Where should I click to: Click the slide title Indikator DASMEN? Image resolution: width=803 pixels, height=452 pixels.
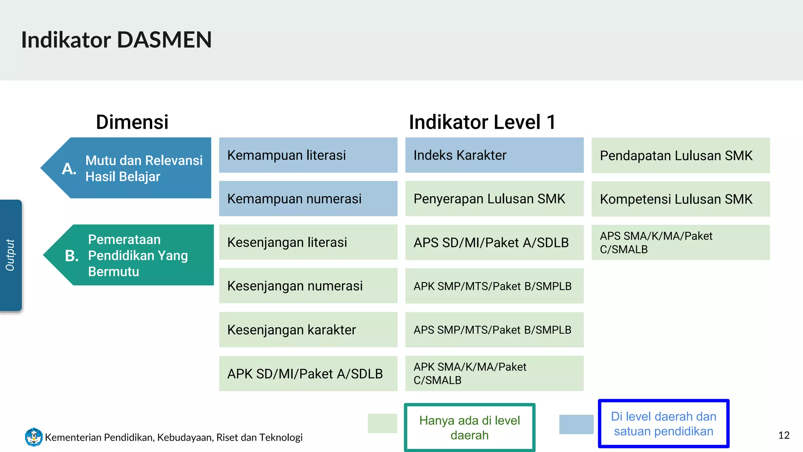116,40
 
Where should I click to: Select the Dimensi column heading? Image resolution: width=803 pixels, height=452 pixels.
132,122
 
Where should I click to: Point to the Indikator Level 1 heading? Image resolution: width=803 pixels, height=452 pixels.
482,122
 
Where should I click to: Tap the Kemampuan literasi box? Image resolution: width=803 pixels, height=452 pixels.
308,155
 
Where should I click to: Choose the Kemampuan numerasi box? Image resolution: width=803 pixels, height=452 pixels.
308,199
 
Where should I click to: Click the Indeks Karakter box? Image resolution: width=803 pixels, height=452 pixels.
494,155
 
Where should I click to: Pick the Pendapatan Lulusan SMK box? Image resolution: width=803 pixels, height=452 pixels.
680,155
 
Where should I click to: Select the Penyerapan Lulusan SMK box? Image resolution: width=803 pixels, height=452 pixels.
494,199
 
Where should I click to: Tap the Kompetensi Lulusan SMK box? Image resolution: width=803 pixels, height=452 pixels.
680,199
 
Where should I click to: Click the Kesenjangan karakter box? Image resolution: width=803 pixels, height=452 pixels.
308,330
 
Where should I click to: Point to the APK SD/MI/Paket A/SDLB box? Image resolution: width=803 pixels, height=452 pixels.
308,374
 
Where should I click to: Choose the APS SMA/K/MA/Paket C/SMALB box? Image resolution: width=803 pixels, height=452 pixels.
680,242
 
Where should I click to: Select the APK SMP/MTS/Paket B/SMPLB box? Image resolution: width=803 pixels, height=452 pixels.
494,286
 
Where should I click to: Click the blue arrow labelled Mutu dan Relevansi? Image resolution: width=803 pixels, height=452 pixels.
133,168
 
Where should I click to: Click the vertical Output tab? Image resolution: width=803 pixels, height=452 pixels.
11,255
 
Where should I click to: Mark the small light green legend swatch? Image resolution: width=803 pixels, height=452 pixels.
382,423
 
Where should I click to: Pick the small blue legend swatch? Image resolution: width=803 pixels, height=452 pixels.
576,424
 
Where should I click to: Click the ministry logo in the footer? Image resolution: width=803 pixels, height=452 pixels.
34,437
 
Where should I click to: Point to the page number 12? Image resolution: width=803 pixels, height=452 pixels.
784,435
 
